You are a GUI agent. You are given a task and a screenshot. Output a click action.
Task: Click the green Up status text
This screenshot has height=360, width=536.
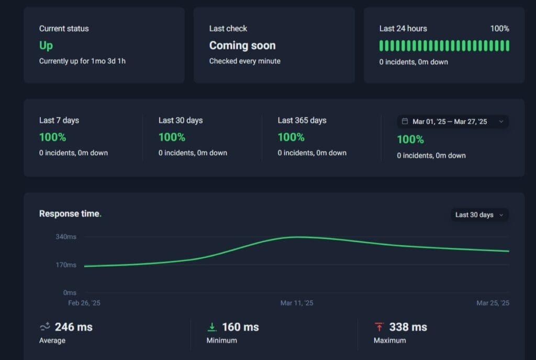click(x=46, y=46)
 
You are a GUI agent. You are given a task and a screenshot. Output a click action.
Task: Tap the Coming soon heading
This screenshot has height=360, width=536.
click(x=242, y=46)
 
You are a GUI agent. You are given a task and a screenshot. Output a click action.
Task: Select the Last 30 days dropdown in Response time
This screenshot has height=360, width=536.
click(x=479, y=215)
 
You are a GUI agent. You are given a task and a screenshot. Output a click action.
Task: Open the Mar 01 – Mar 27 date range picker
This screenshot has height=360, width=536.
click(x=452, y=121)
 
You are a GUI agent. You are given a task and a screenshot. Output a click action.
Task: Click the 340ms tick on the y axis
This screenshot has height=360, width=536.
click(x=66, y=237)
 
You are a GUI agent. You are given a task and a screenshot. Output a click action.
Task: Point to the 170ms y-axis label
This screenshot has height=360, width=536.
click(x=66, y=265)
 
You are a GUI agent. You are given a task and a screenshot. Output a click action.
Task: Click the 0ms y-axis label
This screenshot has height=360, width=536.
click(x=70, y=292)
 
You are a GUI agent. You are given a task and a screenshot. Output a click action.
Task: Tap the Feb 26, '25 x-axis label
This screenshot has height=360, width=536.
click(x=84, y=303)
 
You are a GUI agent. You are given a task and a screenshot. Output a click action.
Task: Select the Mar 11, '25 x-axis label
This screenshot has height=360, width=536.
click(x=297, y=303)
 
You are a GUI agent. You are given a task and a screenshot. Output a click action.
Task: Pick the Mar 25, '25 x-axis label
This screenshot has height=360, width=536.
click(x=493, y=303)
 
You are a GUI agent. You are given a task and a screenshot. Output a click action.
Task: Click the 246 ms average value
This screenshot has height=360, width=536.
click(x=74, y=327)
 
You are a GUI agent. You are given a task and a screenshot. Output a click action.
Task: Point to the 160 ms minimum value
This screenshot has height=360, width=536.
click(x=240, y=327)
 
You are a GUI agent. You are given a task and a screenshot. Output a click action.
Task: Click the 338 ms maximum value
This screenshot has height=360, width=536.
click(x=408, y=327)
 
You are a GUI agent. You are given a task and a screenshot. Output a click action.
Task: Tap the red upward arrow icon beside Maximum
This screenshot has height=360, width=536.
click(x=379, y=327)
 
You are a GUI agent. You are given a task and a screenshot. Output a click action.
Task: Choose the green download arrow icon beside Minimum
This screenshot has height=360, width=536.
click(x=212, y=327)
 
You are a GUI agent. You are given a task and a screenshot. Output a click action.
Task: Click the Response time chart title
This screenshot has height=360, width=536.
click(x=69, y=213)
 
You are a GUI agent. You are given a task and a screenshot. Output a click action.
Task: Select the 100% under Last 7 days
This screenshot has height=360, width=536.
click(x=52, y=137)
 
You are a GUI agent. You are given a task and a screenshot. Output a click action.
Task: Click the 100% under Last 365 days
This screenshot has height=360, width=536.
click(x=291, y=137)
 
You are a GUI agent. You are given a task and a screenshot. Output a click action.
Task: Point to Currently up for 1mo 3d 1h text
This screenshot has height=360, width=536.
click(x=82, y=61)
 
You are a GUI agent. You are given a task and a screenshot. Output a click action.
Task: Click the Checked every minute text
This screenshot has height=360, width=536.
click(x=245, y=61)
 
